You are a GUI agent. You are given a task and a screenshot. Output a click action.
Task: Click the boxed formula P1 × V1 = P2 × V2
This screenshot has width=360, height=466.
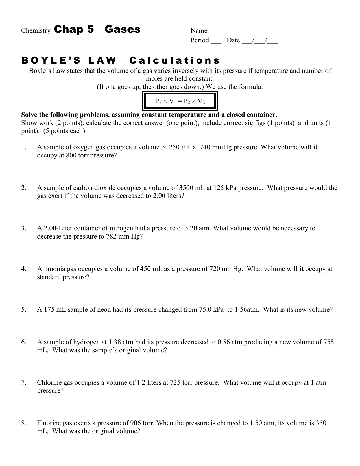180,101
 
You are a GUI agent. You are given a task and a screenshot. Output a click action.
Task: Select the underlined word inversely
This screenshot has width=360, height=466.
185,71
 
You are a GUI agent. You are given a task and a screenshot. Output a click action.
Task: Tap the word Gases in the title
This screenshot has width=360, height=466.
122,29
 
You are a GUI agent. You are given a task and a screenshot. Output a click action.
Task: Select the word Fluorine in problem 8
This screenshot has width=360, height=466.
49,423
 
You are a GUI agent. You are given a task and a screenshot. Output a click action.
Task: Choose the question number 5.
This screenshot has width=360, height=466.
24,310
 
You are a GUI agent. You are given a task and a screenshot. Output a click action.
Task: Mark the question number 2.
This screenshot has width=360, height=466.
24,188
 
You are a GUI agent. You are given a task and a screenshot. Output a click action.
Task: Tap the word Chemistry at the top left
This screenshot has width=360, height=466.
36,31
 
